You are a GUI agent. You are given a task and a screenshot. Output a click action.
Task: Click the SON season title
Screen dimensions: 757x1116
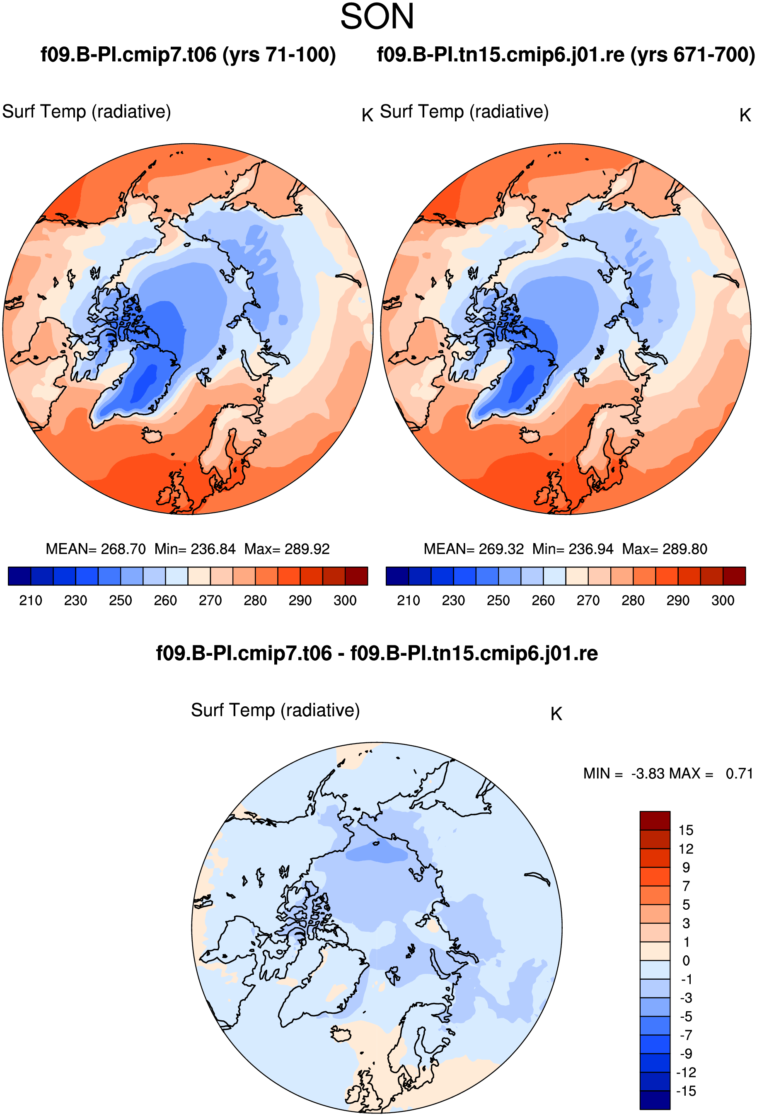pos(377,17)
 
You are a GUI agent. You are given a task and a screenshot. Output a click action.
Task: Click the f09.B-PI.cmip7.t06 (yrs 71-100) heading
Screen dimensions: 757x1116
pos(188,55)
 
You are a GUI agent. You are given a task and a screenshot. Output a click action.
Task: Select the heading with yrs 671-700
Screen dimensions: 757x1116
pos(566,55)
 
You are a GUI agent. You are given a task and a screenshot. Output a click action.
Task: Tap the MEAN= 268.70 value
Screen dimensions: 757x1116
pos(96,549)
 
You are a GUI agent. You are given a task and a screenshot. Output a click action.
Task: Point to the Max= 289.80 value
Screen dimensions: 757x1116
pos(665,549)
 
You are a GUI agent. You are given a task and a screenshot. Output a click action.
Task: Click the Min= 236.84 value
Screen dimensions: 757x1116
pos(195,549)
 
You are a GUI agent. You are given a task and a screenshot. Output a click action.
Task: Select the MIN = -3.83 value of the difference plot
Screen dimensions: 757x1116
pos(624,773)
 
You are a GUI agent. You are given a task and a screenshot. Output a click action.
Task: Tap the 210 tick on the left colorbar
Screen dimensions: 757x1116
pos(31,601)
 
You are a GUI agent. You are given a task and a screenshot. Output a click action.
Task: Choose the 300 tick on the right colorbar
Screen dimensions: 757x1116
pos(723,601)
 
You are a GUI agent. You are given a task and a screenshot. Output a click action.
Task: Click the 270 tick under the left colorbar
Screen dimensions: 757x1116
pos(210,601)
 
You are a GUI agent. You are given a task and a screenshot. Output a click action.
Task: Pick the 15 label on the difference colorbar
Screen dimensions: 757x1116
pos(686,830)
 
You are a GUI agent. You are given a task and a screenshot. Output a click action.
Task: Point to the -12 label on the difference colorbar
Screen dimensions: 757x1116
pos(686,1073)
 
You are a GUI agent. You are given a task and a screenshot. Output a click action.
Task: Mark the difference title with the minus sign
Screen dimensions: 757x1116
pos(377,654)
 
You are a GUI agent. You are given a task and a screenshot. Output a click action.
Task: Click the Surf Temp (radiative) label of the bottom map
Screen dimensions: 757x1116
pos(275,710)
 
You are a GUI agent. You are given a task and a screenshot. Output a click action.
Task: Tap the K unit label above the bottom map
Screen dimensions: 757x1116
pos(556,714)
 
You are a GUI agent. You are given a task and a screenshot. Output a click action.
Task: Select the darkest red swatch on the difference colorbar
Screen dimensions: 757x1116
pos(655,821)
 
